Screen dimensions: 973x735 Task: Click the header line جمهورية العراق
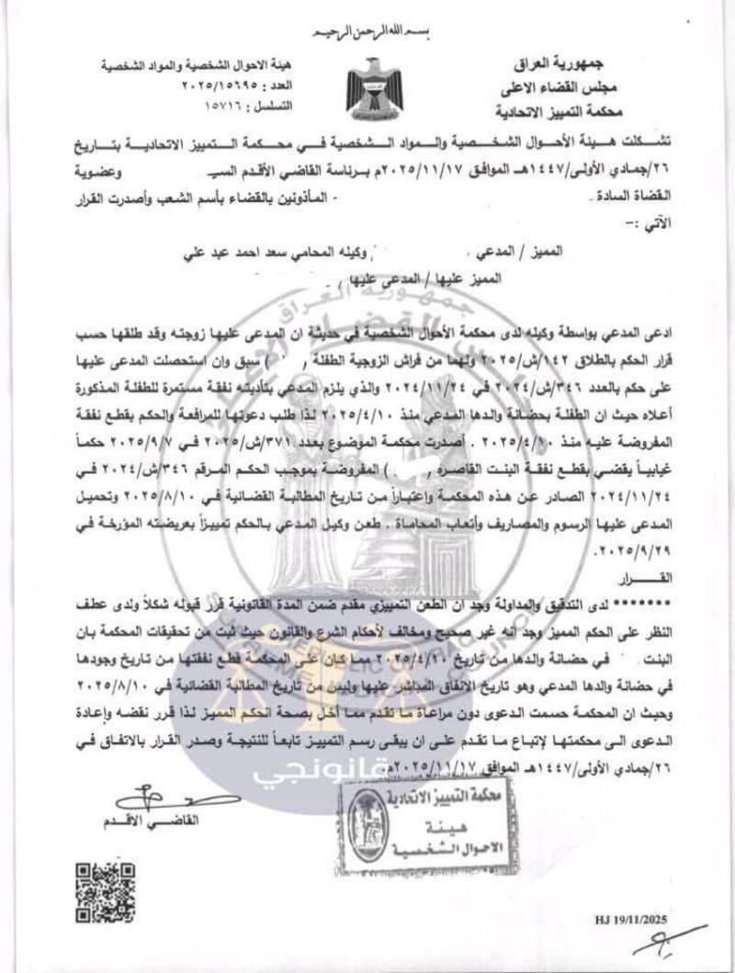click(571, 67)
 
